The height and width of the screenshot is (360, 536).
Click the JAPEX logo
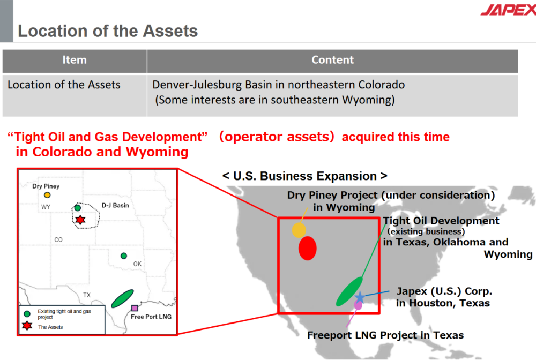point(509,9)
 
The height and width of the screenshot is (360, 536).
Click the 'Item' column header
point(75,60)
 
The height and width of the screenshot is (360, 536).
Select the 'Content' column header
point(333,60)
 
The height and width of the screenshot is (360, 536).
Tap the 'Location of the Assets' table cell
point(64,85)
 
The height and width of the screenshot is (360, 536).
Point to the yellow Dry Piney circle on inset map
point(47,195)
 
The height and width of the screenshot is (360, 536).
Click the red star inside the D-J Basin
point(80,220)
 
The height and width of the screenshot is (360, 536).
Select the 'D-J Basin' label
point(115,205)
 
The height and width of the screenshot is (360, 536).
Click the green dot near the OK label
point(124,256)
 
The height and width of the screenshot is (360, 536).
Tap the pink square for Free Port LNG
point(135,308)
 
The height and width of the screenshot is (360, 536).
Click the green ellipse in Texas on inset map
point(122,298)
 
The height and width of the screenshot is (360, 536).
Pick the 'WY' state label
point(46,207)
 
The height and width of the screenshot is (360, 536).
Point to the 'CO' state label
point(58,240)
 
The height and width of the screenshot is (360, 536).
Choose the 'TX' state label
point(87,295)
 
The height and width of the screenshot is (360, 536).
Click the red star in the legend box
point(27,326)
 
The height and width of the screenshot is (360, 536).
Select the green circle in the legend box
point(27,313)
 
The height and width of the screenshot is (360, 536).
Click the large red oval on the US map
point(307,249)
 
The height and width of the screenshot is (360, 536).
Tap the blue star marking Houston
point(359,297)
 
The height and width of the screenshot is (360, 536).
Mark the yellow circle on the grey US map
point(299,230)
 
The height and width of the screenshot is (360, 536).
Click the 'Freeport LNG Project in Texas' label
point(385,335)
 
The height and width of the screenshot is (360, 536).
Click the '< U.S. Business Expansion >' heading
point(304,176)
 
